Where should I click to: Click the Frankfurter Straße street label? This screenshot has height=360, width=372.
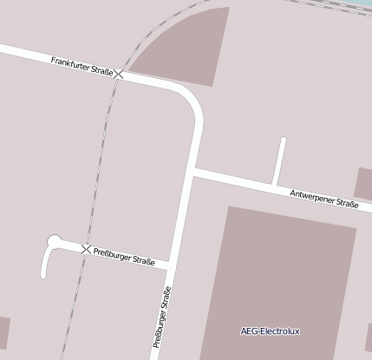pyautogui.click(x=82, y=66)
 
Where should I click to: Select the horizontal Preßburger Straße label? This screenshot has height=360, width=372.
pyautogui.click(x=124, y=257)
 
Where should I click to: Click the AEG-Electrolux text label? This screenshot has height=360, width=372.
pyautogui.click(x=270, y=331)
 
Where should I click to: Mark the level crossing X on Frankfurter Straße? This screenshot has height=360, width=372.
pyautogui.click(x=119, y=75)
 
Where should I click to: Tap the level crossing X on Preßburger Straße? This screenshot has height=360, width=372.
pyautogui.click(x=85, y=250)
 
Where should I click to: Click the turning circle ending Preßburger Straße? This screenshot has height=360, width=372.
pyautogui.click(x=55, y=241)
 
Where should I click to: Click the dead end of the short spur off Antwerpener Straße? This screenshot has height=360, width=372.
pyautogui.click(x=283, y=140)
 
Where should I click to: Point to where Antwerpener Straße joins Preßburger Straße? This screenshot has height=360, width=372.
pyautogui.click(x=194, y=173)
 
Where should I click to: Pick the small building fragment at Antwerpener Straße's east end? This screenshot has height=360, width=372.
pyautogui.click(x=363, y=182)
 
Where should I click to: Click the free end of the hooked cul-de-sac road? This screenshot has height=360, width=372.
pyautogui.click(x=42, y=276)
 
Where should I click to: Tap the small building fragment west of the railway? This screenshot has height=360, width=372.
pyautogui.click(x=3, y=332)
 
